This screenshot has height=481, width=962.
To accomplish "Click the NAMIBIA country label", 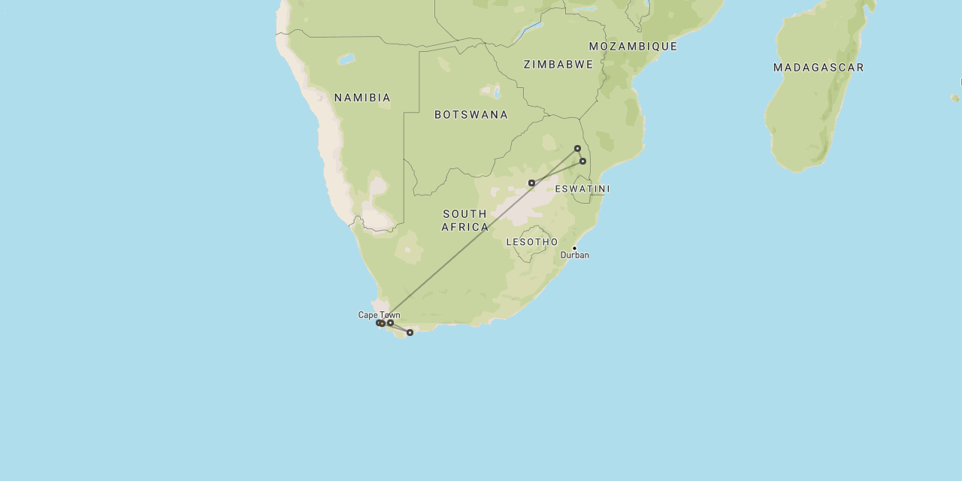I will click(362, 98).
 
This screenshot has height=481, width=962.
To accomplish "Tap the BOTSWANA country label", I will click(471, 115).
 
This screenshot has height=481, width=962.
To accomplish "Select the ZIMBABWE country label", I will click(558, 65).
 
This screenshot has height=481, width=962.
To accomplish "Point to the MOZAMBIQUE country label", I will click(633, 47).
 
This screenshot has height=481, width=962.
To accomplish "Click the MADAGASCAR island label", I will click(818, 68).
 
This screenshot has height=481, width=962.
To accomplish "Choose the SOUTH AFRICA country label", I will click(464, 220).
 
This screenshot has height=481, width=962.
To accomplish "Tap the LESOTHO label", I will click(532, 242).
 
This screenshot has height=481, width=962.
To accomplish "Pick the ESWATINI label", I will click(582, 189).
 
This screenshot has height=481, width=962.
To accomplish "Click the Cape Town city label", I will click(379, 315).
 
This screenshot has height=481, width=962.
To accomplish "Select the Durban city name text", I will click(575, 256).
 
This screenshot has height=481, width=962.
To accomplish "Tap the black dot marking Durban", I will click(575, 248).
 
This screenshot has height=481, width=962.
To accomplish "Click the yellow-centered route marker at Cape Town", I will click(382, 324).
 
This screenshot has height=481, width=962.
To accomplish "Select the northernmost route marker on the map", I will click(577, 148).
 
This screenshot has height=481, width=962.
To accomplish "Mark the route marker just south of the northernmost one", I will click(582, 161).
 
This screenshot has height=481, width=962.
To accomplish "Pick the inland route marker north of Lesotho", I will click(531, 183).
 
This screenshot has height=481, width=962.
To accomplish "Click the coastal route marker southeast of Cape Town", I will click(410, 332).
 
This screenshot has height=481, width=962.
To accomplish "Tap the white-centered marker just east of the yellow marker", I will click(391, 322).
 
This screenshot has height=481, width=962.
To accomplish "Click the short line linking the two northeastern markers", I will click(580, 155).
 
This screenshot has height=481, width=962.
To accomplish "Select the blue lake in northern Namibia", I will click(346, 59).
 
